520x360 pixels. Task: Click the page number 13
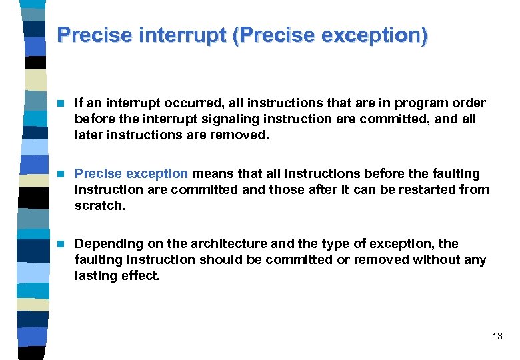497,337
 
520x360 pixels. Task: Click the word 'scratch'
99,205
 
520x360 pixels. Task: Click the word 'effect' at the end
141,275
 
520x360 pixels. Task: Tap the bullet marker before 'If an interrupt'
61,103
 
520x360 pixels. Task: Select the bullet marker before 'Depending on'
61,243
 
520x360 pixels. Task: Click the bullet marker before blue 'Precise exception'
61,173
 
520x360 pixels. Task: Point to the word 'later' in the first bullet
90,135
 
